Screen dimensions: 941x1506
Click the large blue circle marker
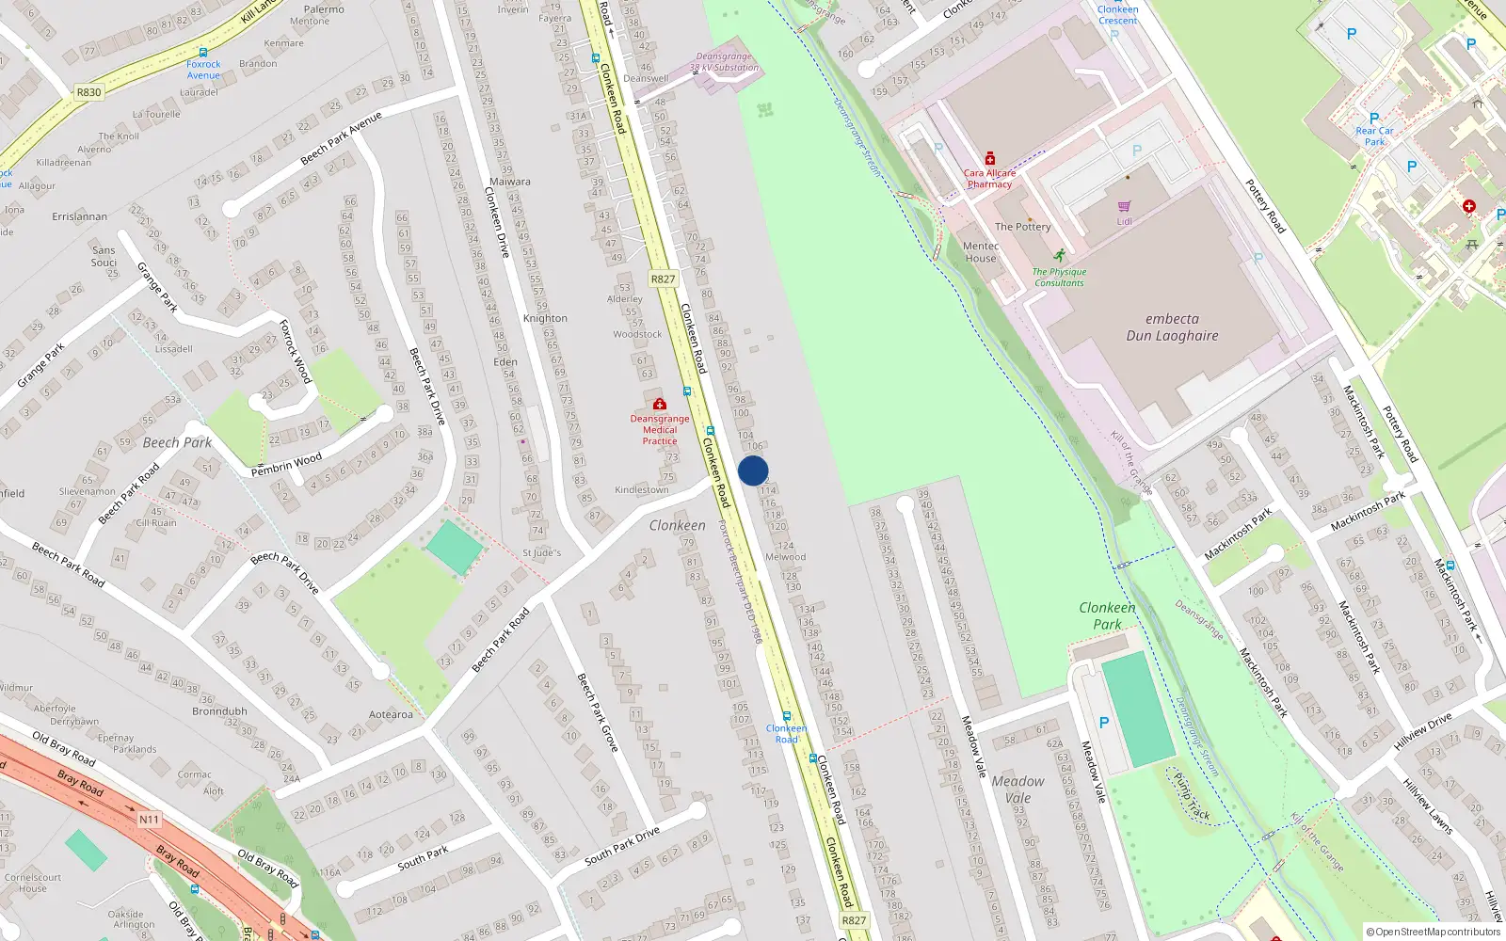[x=753, y=470]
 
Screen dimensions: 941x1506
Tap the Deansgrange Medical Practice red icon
[x=659, y=405]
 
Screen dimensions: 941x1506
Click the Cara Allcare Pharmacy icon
[x=989, y=159]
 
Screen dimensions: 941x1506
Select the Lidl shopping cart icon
[x=1124, y=206]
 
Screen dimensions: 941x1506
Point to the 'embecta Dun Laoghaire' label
[x=1172, y=327]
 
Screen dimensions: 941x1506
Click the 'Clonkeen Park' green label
[x=1107, y=615]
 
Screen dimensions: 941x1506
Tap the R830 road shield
[x=88, y=92]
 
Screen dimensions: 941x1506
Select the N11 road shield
[x=150, y=820]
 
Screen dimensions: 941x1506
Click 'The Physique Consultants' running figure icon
[x=1060, y=255]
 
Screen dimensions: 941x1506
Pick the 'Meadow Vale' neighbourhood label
[x=1017, y=789]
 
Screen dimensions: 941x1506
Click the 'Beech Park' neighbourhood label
[x=177, y=442]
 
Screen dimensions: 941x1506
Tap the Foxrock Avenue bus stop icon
[x=203, y=53]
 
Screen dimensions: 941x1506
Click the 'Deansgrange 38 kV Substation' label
[x=724, y=62]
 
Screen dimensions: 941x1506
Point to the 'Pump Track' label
[x=1192, y=796]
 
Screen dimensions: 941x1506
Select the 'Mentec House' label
[x=980, y=252]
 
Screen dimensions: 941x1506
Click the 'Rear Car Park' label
[x=1374, y=136]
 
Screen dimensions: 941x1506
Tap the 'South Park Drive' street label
[x=621, y=846]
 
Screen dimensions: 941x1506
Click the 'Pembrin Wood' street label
[x=286, y=464]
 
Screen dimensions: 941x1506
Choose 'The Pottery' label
[x=1022, y=227]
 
